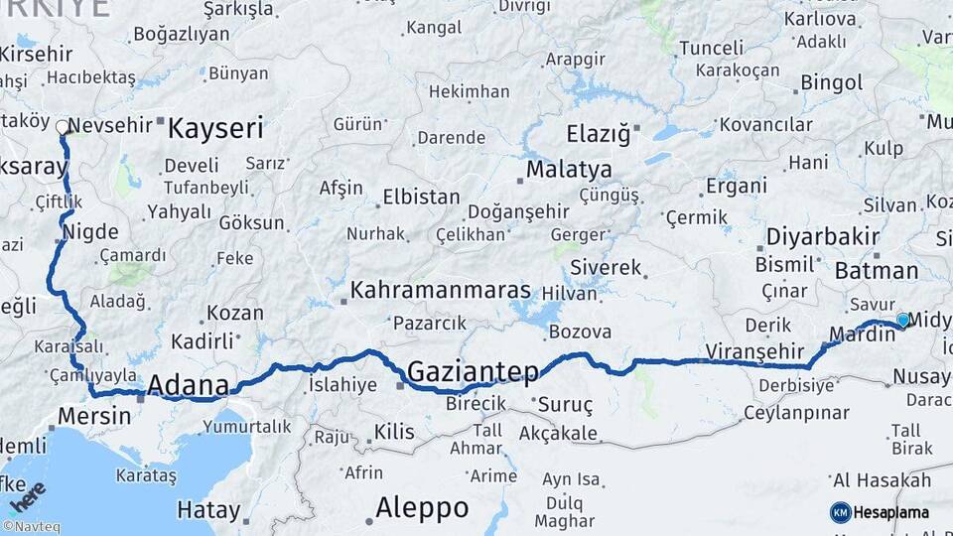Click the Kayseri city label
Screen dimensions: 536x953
[x=215, y=128]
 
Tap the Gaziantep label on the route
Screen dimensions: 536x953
[x=473, y=372]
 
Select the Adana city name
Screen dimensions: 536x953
[x=189, y=384]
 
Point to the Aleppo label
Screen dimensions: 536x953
[x=422, y=508]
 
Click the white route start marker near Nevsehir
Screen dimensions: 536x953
[x=63, y=127]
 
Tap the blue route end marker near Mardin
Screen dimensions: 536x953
[x=902, y=320]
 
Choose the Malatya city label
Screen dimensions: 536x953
[x=569, y=169]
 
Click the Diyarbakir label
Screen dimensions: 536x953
[x=823, y=237]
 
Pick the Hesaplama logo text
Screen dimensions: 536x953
[x=892, y=512]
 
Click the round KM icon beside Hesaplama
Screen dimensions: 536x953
[x=840, y=512]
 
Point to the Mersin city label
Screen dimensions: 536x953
[x=94, y=415]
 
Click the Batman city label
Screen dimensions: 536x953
[x=877, y=270]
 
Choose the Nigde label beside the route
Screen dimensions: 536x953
[x=90, y=232]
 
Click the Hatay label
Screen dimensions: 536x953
[x=208, y=510]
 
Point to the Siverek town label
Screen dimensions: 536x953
[x=606, y=268]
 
